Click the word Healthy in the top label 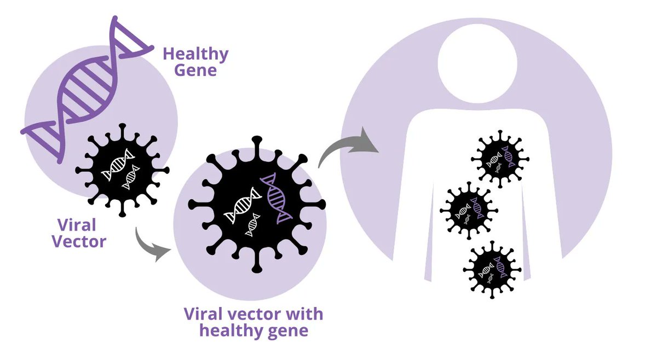click(x=195, y=55)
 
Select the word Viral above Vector click(x=76, y=225)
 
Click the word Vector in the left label click(x=79, y=241)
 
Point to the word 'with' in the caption click(x=302, y=315)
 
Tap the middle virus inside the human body click(x=469, y=211)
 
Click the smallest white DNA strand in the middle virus click(x=253, y=225)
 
